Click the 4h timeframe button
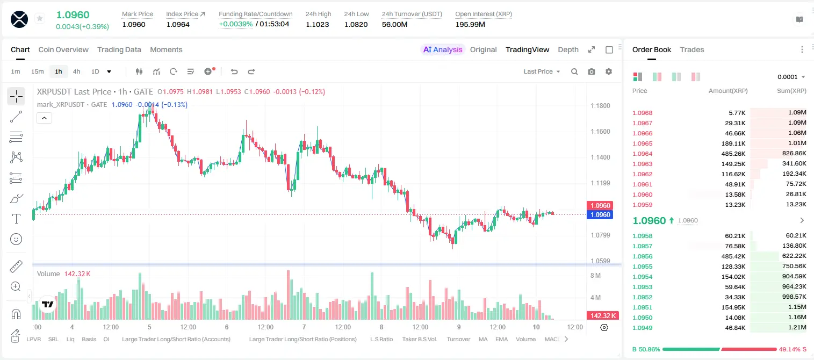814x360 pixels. pos(76,71)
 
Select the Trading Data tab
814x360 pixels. pos(119,49)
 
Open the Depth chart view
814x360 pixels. pos(568,49)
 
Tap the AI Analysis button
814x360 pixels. pos(443,49)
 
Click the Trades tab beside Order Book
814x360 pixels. pos(692,49)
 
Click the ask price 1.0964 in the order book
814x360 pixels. pos(643,154)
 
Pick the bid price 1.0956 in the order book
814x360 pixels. pos(643,256)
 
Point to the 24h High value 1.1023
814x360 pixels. pos(317,24)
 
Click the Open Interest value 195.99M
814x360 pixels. pos(470,24)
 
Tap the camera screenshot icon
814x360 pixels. pos(592,71)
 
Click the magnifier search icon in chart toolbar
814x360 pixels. pos(574,71)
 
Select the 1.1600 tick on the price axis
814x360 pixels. pos(600,132)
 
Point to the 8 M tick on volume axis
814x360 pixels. pos(596,275)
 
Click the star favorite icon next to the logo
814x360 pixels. pos(40,18)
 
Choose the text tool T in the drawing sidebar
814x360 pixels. pos(16,219)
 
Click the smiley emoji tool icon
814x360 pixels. pos(16,239)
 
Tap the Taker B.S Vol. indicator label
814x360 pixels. pos(419,339)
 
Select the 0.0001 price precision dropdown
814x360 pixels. pos(791,77)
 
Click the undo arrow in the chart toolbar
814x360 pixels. pos(234,71)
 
